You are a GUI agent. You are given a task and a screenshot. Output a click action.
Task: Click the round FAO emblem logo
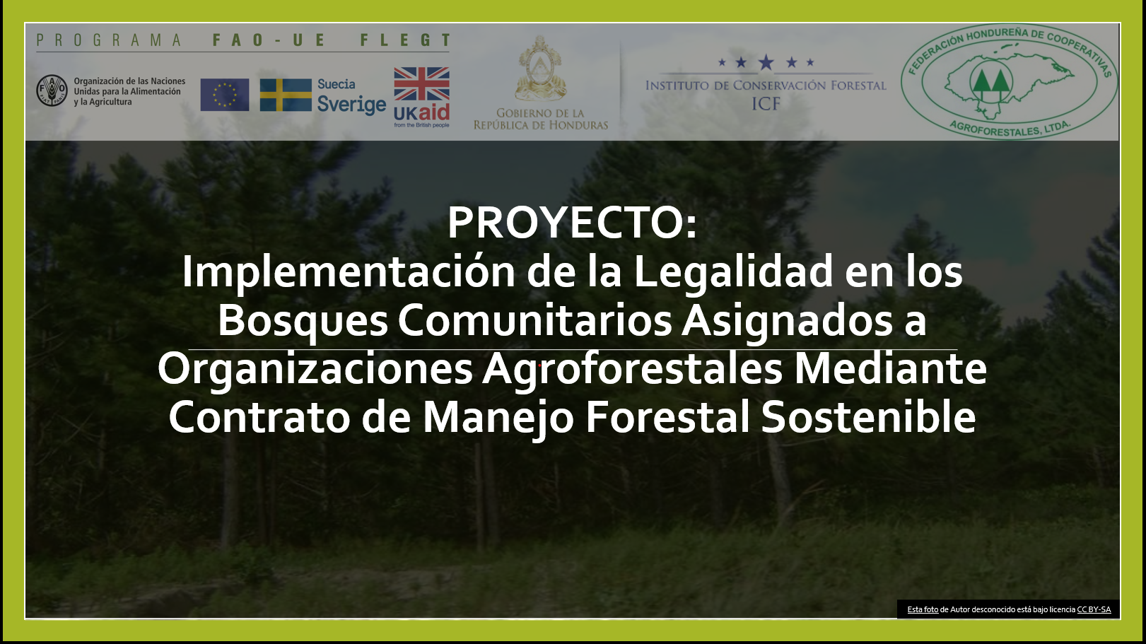[52, 90]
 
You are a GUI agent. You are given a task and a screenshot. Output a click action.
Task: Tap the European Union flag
[225, 95]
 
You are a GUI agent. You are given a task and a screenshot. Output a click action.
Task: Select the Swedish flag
[286, 95]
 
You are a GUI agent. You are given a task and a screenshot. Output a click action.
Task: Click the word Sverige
[351, 105]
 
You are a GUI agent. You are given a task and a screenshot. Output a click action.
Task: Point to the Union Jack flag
[421, 84]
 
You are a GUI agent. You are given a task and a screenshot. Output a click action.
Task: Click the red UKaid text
[421, 112]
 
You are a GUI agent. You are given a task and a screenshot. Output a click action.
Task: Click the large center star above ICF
[766, 62]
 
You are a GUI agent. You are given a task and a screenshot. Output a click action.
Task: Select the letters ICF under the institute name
[766, 104]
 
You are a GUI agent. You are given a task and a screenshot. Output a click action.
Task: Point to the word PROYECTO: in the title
[572, 223]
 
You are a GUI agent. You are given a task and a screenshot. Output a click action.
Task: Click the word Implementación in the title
[349, 273]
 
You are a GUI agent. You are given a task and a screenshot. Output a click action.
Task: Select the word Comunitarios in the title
[534, 320]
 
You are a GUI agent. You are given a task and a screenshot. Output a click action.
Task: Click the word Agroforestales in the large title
[632, 370]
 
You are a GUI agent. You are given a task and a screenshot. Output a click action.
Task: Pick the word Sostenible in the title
[868, 417]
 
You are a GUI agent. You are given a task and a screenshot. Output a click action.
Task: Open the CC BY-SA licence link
[1094, 609]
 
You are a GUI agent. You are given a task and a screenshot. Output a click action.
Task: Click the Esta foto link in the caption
[923, 609]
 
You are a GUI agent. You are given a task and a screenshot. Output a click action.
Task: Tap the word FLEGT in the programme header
[405, 40]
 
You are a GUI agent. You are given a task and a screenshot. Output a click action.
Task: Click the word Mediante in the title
[890, 369]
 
